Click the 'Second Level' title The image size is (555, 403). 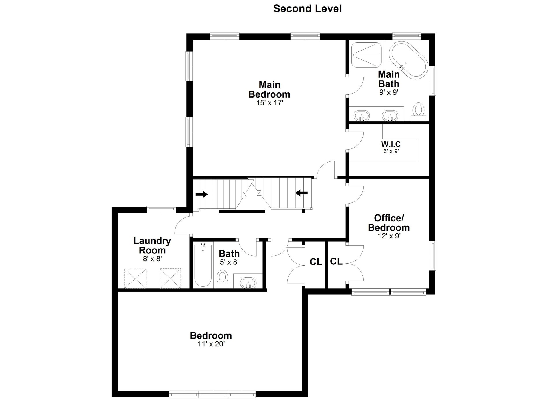307,9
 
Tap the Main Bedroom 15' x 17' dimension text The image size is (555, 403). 269,103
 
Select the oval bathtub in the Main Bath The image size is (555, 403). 408,59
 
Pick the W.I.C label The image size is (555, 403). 391,144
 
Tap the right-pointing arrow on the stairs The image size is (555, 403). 201,194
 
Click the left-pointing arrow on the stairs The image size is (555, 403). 301,193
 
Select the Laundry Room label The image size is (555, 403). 152,245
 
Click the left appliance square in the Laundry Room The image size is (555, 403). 135,278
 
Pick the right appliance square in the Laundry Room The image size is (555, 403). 171,278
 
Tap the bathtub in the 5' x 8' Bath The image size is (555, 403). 203,265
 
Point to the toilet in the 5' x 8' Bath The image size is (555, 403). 222,279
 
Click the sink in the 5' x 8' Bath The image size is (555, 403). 248,283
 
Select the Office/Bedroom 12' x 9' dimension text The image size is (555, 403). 389,236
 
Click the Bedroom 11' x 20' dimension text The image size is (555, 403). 211,344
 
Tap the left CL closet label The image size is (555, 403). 316,262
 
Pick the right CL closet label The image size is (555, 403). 336,262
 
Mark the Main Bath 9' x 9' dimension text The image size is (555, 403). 389,92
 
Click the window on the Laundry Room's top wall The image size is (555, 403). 161,209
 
